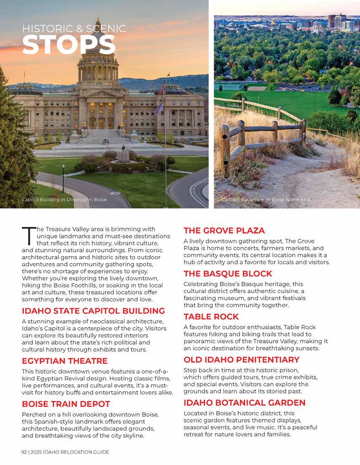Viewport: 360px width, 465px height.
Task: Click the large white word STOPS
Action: coord(69,45)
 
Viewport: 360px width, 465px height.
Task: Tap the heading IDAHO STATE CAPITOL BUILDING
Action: coord(93,311)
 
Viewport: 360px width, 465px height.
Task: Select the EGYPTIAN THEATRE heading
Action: coord(64,361)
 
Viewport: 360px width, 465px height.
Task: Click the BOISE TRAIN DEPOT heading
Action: coord(66,404)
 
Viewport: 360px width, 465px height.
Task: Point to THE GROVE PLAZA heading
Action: coord(224,230)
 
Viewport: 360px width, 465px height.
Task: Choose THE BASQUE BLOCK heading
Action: coord(228,274)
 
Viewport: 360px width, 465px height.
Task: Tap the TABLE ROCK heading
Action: coord(211,317)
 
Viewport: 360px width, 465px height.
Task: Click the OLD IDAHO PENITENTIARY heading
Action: coord(242,360)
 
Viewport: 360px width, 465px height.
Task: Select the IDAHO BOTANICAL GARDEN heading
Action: coord(244,403)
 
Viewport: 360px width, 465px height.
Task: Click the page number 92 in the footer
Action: coord(24,452)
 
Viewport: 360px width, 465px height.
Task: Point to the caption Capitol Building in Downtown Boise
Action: coord(64,200)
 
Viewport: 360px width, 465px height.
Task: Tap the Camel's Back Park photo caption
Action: coord(266,200)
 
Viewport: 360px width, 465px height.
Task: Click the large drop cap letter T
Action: coord(27,235)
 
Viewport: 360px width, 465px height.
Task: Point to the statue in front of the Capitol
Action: coord(124,154)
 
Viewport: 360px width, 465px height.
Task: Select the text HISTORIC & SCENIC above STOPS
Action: coord(74,29)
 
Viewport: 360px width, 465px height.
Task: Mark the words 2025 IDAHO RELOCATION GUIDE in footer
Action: coord(70,452)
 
